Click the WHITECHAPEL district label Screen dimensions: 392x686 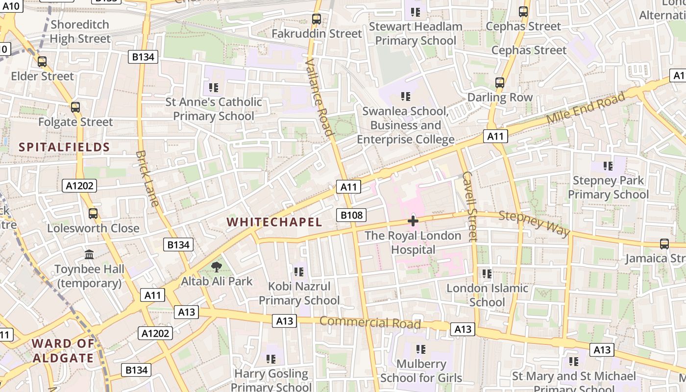(274, 222)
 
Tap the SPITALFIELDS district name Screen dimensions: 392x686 (64, 147)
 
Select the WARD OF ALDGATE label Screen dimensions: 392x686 (63, 350)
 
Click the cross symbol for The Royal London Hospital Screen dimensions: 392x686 (413, 221)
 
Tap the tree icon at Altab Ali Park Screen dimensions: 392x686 (216, 267)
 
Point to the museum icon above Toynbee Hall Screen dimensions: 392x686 (89, 255)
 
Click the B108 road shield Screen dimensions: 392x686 (351, 215)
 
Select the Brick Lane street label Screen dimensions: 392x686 (147, 178)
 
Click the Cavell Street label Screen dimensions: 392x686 (469, 206)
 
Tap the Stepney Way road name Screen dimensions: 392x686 (535, 223)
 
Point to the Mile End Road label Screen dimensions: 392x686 (586, 108)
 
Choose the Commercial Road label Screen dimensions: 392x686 (370, 323)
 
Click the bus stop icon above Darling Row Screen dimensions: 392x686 (500, 83)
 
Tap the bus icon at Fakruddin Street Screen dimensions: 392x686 (317, 19)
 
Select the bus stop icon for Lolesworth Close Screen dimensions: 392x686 (93, 214)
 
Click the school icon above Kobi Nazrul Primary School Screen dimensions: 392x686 (298, 271)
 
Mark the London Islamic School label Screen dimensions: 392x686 (487, 295)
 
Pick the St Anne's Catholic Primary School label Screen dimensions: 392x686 (214, 109)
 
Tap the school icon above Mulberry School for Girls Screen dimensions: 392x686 (420, 349)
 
